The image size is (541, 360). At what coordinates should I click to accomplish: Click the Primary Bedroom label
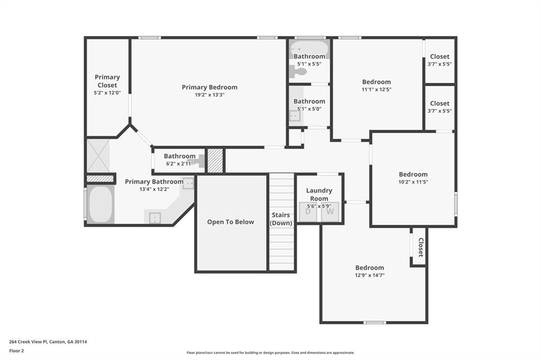click(209, 87)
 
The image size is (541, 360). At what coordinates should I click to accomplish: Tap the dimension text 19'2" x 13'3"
click(209, 96)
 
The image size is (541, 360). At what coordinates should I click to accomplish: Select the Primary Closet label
click(107, 81)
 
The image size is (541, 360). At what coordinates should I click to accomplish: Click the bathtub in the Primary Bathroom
click(100, 205)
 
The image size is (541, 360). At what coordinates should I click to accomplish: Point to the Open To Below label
click(230, 222)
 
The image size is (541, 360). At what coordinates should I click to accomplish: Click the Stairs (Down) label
click(281, 219)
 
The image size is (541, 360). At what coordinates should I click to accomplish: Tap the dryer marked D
click(307, 212)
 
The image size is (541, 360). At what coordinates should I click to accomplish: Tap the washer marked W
click(330, 212)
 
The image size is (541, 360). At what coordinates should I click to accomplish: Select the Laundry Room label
click(319, 194)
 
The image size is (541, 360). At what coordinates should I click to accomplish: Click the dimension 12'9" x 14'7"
click(369, 275)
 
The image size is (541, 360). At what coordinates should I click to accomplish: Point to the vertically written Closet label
click(421, 247)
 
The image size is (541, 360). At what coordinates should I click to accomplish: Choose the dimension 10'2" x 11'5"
click(413, 182)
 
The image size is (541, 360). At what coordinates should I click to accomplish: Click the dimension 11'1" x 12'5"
click(376, 89)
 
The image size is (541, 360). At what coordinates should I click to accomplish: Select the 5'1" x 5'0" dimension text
click(309, 109)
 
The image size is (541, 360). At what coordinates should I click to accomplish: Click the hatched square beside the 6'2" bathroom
click(215, 160)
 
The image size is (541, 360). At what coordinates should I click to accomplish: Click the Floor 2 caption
click(16, 350)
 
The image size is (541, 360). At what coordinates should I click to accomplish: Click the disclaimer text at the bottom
click(270, 353)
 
